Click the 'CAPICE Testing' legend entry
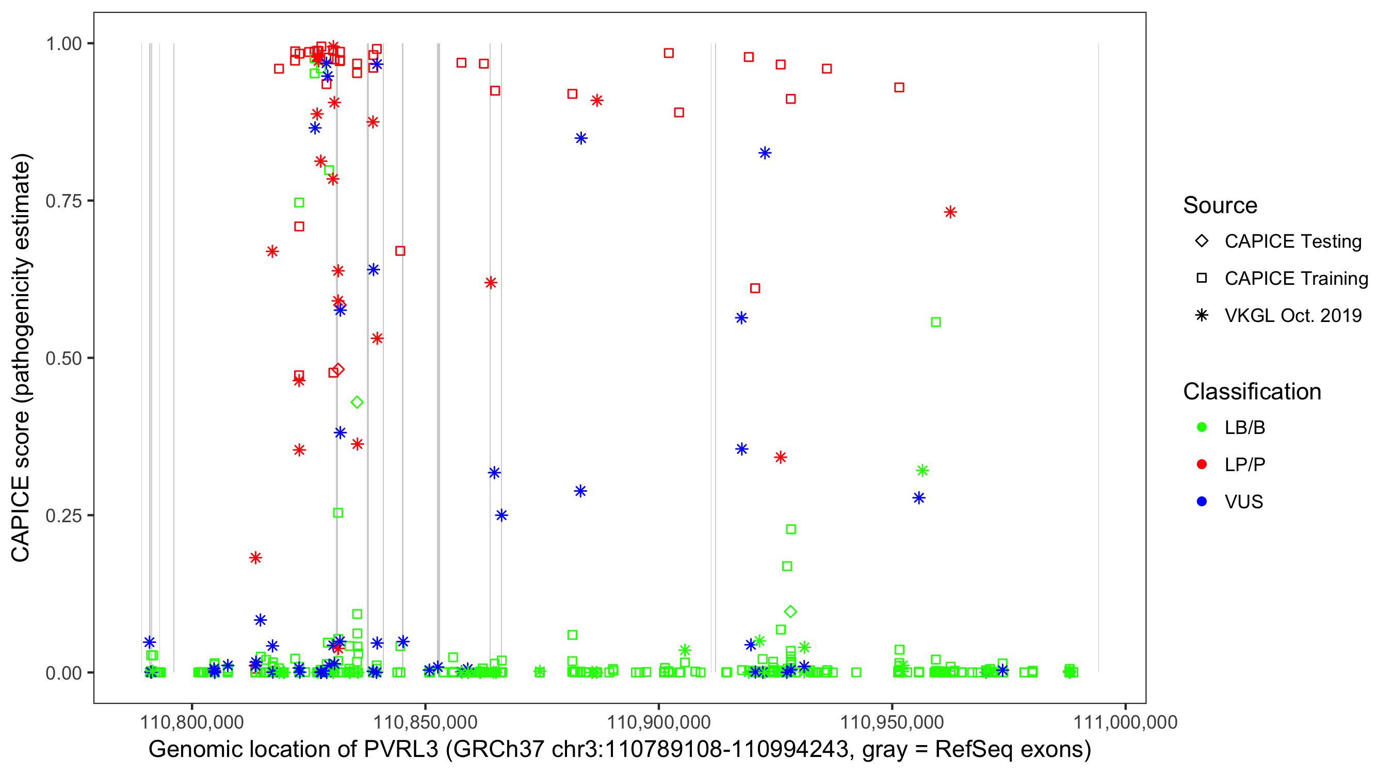[x=1292, y=241]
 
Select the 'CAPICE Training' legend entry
[x=1295, y=279]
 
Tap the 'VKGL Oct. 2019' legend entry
[x=1292, y=315]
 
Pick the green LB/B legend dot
[x=1202, y=427]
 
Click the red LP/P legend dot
[x=1202, y=464]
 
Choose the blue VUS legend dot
[x=1202, y=502]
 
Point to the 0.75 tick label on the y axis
[x=63, y=201]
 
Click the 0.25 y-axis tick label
[x=63, y=515]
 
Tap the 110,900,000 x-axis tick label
[x=659, y=722]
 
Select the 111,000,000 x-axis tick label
[x=1125, y=722]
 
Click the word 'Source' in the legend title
[x=1220, y=205]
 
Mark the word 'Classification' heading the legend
[x=1252, y=392]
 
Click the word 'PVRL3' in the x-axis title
[x=401, y=750]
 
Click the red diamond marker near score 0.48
[x=338, y=370]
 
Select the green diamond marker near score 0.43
[x=357, y=402]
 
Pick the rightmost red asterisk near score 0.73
[x=950, y=212]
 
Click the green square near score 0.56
[x=935, y=322]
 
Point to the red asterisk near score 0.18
[x=256, y=558]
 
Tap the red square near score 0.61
[x=755, y=288]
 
